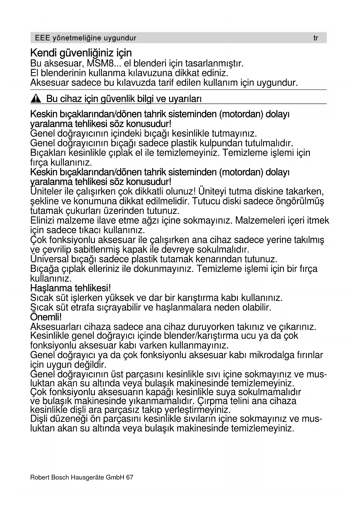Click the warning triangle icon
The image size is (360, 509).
click(x=36, y=99)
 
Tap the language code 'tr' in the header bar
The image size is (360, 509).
click(x=316, y=38)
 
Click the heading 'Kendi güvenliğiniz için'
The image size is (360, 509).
click(x=81, y=53)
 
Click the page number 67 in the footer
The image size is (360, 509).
click(x=130, y=477)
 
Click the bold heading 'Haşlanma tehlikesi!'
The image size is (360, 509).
click(x=70, y=288)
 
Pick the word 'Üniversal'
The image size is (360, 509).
click(x=50, y=259)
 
